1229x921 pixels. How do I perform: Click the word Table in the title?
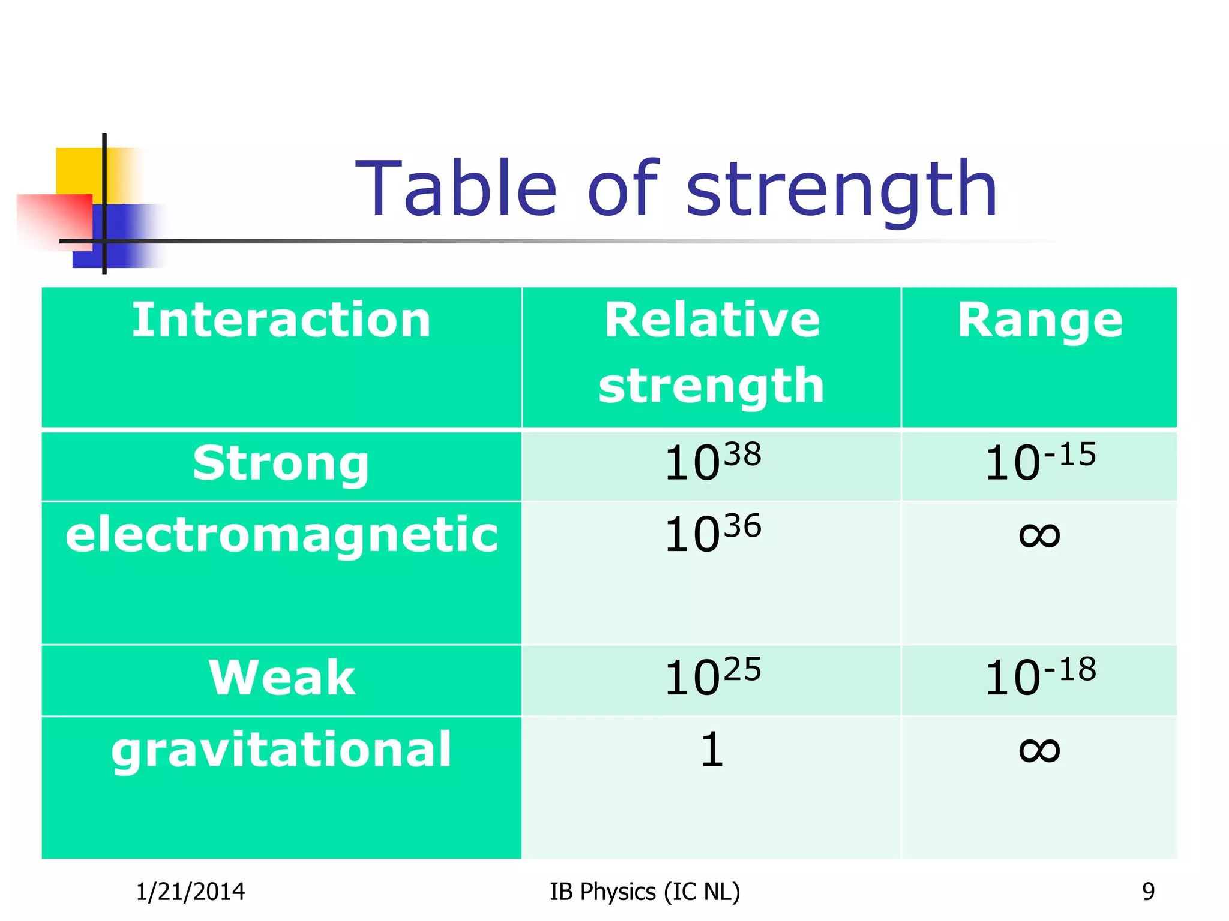457,188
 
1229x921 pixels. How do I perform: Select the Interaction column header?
281,320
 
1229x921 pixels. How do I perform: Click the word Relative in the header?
712,320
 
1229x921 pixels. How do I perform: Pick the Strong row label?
281,464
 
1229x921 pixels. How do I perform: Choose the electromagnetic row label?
281,535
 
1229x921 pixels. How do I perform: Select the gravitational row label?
281,750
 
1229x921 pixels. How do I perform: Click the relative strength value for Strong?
712,463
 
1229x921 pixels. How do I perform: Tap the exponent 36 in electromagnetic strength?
742,526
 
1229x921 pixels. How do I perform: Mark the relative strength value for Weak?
712,678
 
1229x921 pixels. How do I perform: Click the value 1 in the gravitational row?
712,750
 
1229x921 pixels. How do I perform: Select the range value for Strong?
1040,463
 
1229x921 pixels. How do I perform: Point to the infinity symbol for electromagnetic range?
1039,534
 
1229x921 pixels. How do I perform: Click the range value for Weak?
1040,678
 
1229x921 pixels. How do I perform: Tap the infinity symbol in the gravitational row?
1039,750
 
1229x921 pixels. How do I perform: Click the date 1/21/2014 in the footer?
190,892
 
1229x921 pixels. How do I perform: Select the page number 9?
1148,892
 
